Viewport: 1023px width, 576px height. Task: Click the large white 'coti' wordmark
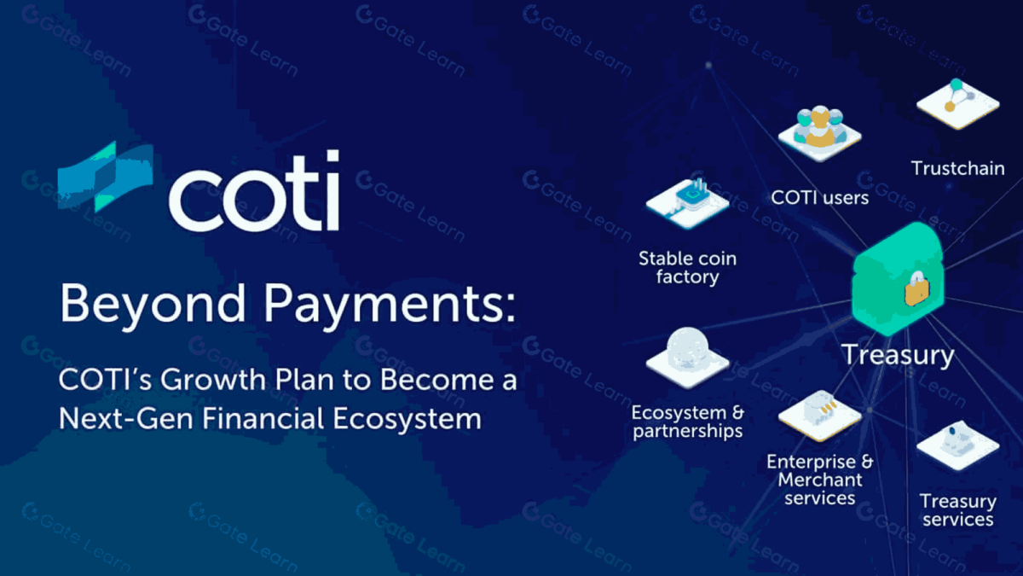pos(254,192)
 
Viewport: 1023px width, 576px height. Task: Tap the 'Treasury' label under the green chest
pos(898,354)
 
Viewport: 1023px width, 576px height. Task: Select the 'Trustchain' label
pos(957,168)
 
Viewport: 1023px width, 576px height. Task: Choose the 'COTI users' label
pos(819,198)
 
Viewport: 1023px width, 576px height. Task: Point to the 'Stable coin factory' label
pos(687,267)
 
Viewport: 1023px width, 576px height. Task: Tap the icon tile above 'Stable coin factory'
pos(687,201)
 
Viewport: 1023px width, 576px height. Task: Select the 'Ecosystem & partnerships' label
pos(687,422)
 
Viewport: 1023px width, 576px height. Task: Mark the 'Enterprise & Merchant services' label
pos(819,480)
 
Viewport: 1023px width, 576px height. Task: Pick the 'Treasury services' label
pos(957,509)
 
